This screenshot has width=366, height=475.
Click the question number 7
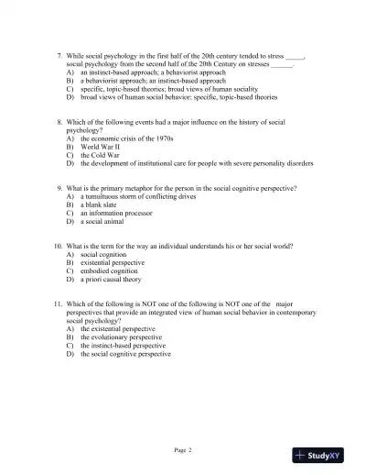(x=58, y=56)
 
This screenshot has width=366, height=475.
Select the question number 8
(x=58, y=122)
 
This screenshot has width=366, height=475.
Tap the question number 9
(x=58, y=188)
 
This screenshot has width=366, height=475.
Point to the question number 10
(x=57, y=247)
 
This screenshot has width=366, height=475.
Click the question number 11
(x=57, y=305)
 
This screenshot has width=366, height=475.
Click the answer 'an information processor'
(x=116, y=213)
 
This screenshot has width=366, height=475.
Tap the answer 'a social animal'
(x=101, y=221)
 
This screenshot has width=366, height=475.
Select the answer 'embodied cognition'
(x=109, y=271)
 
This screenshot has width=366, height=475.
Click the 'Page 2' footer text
(x=182, y=450)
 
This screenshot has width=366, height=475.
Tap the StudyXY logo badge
(x=325, y=455)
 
